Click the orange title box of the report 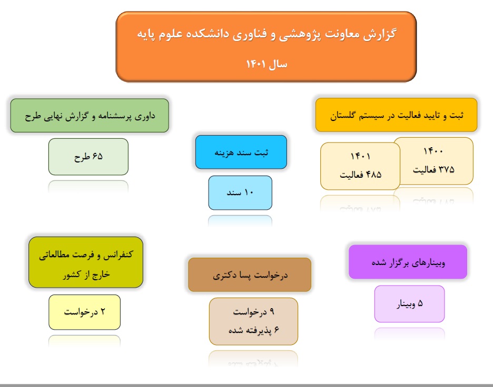point(267,47)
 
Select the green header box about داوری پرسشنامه point(90,116)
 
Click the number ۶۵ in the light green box point(97,156)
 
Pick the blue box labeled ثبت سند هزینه point(241,152)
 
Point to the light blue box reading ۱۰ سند point(240,193)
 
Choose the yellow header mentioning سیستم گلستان point(397,115)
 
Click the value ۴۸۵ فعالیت point(361,175)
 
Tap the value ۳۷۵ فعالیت point(433,170)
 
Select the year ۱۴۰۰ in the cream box point(433,151)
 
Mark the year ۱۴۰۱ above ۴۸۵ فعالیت point(360,156)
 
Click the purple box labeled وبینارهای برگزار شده point(408,262)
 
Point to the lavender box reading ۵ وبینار point(409,304)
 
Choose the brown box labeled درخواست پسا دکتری point(250,275)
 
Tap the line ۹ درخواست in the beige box point(253,312)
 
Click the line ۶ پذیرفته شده point(253,330)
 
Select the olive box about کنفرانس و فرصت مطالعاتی point(86,262)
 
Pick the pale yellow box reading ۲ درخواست point(85,312)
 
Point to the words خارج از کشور point(86,274)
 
